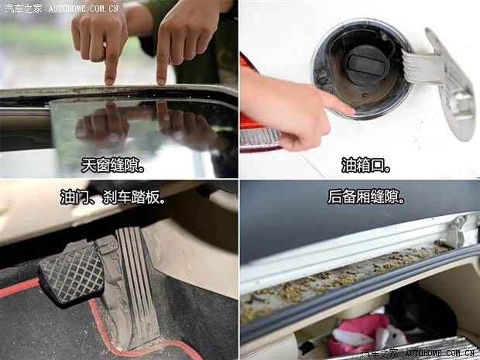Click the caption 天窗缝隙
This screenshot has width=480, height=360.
pyautogui.click(x=113, y=166)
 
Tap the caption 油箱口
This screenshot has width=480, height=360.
pyautogui.click(x=366, y=166)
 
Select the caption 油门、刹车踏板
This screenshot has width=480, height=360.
pyautogui.click(x=113, y=197)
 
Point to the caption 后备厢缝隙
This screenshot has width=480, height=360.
pyautogui.click(x=366, y=197)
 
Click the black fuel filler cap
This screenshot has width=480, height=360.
pyautogui.click(x=367, y=65)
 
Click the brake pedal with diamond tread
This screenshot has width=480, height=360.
pyautogui.click(x=72, y=273)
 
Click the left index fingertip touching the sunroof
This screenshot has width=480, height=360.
pyautogui.click(x=109, y=81)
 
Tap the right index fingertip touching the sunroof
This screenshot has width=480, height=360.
pyautogui.click(x=161, y=81)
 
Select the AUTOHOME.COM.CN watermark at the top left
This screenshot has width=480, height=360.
pyautogui.click(x=84, y=9)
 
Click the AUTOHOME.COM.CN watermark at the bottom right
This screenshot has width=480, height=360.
pyautogui.click(x=440, y=354)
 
